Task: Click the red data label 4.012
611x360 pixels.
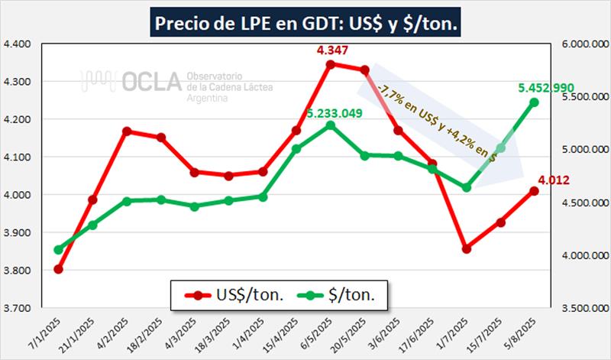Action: click(552, 180)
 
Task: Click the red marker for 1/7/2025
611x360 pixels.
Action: click(467, 248)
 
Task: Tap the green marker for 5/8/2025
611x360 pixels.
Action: click(534, 102)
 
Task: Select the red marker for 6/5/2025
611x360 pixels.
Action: click(330, 64)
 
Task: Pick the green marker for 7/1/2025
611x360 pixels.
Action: click(58, 250)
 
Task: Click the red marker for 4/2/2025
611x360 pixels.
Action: click(126, 131)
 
